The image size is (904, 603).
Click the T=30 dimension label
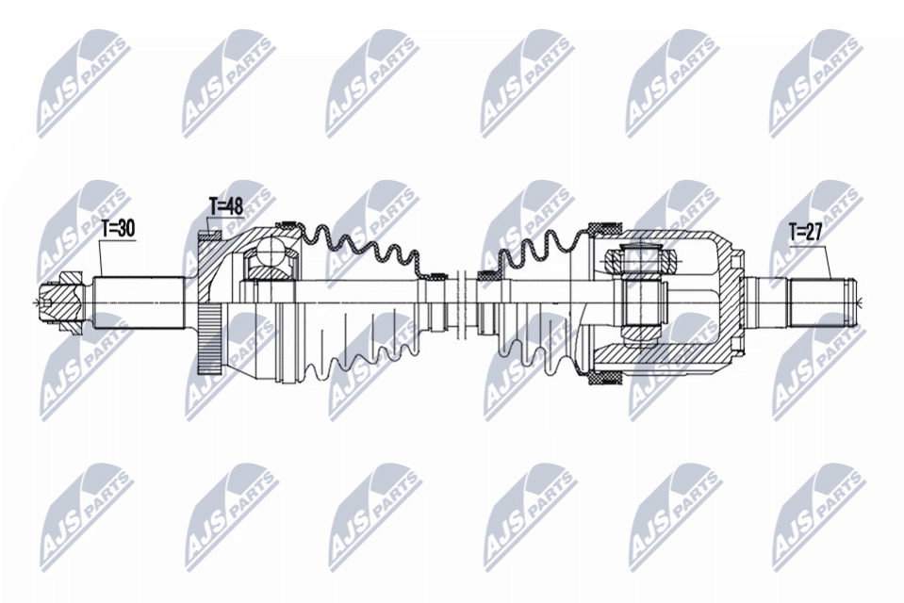coord(118,229)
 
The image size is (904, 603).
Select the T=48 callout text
coord(226,205)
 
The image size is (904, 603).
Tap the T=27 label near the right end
coord(805,233)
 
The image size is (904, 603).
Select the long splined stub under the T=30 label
coord(139,303)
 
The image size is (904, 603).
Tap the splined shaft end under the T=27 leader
coord(818,301)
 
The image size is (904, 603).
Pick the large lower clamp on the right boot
coord(603,378)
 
